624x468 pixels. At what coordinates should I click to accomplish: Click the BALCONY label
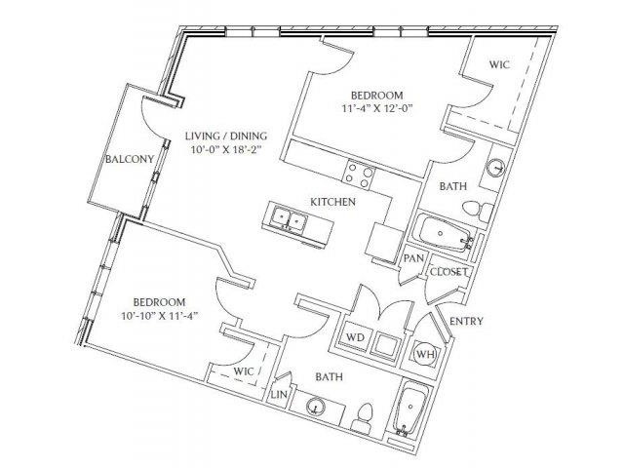pos(130,159)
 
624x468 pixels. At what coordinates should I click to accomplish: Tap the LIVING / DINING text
pos(226,136)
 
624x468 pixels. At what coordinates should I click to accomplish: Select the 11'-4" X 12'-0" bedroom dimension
pos(376,108)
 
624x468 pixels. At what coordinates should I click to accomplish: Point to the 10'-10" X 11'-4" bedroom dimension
pos(160,316)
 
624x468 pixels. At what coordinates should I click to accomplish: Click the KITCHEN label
pos(332,202)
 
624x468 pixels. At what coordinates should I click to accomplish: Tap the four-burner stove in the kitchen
pos(359,174)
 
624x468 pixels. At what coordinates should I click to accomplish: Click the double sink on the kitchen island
pos(289,218)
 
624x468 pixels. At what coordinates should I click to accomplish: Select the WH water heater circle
pos(425,353)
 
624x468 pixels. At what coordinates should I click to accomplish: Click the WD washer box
pos(355,337)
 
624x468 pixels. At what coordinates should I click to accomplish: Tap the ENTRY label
pos(466,321)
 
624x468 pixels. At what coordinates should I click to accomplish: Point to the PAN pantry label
pos(413,258)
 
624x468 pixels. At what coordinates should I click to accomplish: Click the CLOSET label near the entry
pos(448,272)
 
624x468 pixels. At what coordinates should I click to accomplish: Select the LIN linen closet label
pos(279,395)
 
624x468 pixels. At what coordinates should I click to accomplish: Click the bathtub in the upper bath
pos(443,234)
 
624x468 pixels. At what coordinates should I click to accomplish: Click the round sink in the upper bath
pos(496,167)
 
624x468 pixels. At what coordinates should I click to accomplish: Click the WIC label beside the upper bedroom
pos(499,64)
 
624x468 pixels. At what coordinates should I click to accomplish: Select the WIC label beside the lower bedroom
pos(243,371)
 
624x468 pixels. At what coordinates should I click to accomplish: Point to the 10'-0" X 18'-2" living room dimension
pos(224,149)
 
